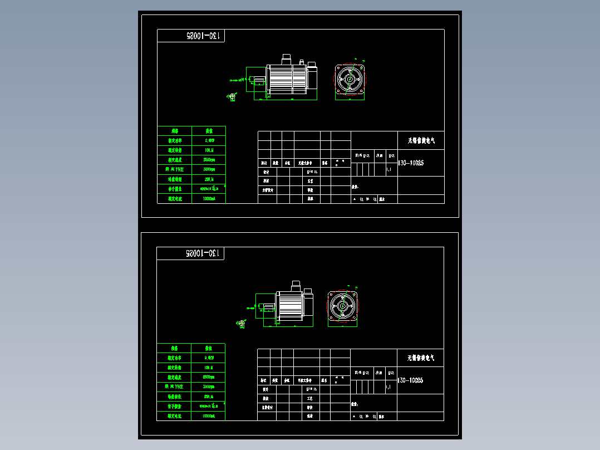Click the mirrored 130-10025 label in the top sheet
coord(204,36)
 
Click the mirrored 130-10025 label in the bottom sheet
coord(204,253)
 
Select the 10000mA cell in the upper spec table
coord(209,198)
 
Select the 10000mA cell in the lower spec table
coord(209,415)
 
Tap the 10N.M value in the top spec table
coord(209,150)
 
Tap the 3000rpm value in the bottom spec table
coord(209,387)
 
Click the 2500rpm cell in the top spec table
coord(209,160)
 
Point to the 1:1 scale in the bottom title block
coord(388,386)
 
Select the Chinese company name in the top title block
coord(421,141)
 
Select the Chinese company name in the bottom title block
coord(421,358)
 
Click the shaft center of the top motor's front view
coord(350,80)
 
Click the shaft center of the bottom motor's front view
coord(342,306)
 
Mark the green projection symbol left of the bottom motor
coord(242,323)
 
